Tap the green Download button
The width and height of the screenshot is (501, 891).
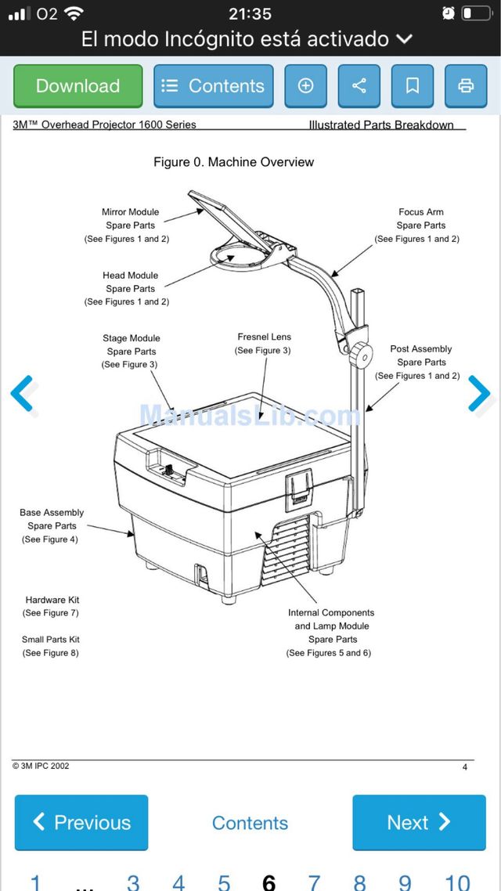(x=78, y=86)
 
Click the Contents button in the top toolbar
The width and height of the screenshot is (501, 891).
(x=213, y=86)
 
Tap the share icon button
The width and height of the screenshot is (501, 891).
(x=359, y=86)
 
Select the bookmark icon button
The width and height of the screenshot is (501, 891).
(x=413, y=86)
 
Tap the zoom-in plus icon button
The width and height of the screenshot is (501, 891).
(x=306, y=86)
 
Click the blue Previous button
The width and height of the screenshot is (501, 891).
(x=81, y=822)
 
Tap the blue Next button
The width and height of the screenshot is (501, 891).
(x=419, y=822)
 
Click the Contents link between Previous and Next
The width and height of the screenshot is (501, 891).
(x=250, y=823)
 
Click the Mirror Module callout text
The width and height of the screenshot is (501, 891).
(x=130, y=225)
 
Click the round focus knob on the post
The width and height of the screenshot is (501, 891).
(x=360, y=353)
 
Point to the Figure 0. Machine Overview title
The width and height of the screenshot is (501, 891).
(x=233, y=162)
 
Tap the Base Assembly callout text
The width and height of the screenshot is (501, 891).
(x=52, y=525)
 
